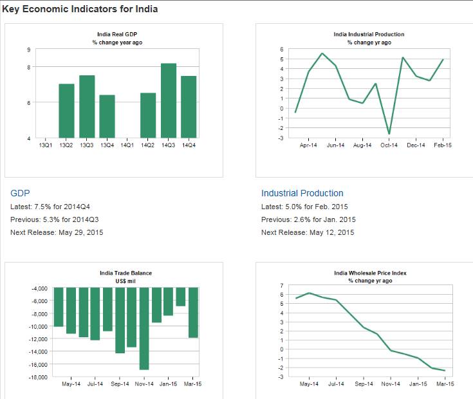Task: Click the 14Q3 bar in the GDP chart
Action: [169, 100]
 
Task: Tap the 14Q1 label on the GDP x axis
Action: [127, 145]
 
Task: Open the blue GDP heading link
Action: [21, 193]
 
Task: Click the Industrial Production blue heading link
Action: [302, 193]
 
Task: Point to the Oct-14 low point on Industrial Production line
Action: [389, 134]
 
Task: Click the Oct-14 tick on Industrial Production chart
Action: [389, 145]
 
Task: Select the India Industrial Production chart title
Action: [369, 34]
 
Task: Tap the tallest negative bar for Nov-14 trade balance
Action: [144, 329]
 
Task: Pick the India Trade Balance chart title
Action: [126, 273]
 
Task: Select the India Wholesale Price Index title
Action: [370, 273]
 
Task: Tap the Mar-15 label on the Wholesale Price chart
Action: [445, 384]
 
